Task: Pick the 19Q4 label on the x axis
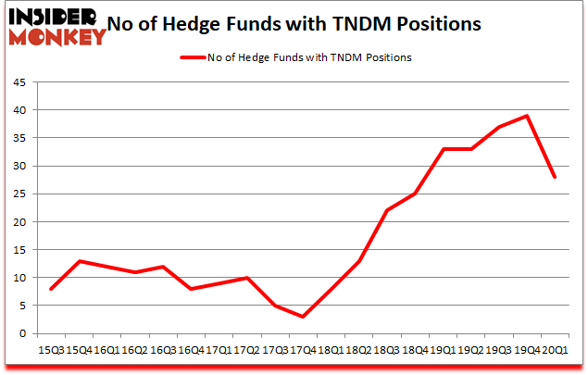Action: pyautogui.click(x=526, y=352)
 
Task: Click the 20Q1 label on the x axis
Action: pyautogui.click(x=554, y=352)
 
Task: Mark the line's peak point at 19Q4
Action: pyautogui.click(x=527, y=116)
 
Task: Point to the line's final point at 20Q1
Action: pyautogui.click(x=555, y=177)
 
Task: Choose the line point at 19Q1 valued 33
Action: pyautogui.click(x=444, y=149)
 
